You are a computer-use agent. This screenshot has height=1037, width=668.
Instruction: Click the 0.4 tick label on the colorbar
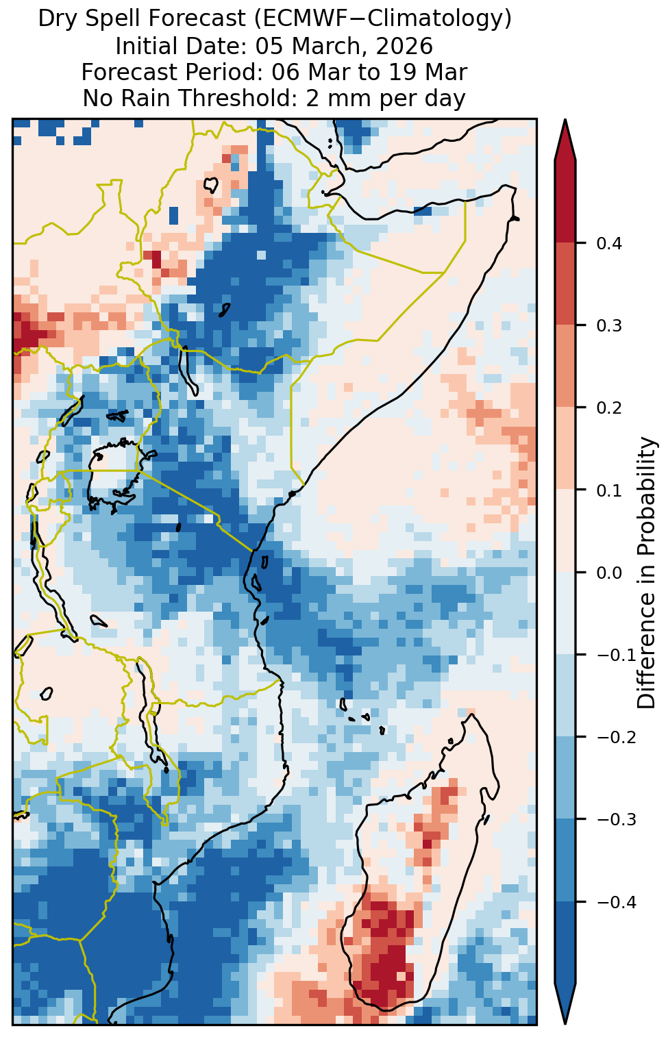click(609, 244)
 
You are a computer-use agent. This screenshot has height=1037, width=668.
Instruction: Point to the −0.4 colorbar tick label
click(616, 902)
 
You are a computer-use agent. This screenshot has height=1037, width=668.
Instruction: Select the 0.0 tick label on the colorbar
click(609, 573)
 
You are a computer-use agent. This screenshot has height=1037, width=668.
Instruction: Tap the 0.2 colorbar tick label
click(609, 408)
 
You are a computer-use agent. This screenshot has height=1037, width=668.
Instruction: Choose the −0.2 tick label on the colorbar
click(616, 737)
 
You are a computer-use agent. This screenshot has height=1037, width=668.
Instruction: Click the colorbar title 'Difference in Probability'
click(647, 573)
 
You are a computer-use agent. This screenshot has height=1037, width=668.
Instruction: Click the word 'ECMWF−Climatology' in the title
click(382, 19)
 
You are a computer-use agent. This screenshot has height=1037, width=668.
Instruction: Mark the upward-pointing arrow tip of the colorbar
click(565, 119)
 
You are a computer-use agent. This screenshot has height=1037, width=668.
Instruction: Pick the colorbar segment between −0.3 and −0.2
click(565, 778)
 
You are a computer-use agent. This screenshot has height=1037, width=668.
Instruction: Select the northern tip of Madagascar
click(471, 715)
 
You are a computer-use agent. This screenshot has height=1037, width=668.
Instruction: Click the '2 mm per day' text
click(385, 98)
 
